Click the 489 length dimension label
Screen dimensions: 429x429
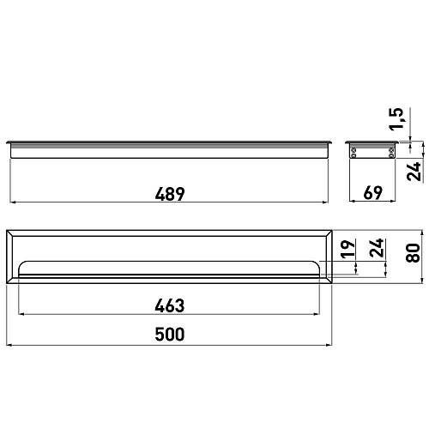tap(170, 194)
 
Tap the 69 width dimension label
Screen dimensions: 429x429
tap(373, 193)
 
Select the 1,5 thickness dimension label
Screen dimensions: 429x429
tap(397, 118)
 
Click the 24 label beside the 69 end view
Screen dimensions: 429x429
tap(414, 171)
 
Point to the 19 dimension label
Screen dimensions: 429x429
tap(348, 249)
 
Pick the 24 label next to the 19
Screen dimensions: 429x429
tap(376, 247)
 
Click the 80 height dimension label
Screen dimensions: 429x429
tap(413, 253)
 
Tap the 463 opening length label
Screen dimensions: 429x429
tap(170, 305)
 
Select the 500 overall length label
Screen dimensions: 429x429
tap(170, 335)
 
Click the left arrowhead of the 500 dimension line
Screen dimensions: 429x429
tap(9, 345)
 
